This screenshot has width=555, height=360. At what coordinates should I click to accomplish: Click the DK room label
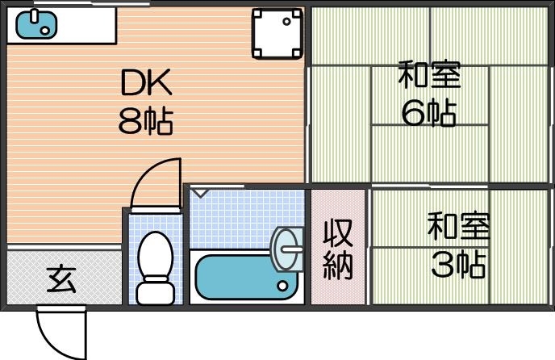click(147, 82)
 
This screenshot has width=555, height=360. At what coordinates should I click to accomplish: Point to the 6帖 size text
click(428, 113)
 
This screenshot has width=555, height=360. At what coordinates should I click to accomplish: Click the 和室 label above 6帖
click(428, 76)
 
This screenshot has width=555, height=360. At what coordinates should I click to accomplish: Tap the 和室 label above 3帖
click(458, 226)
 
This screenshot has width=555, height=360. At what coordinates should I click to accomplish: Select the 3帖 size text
click(458, 264)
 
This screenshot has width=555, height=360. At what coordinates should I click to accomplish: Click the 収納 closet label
click(338, 249)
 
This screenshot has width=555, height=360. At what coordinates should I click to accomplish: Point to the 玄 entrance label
click(61, 279)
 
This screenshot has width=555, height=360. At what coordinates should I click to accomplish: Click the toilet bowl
click(154, 255)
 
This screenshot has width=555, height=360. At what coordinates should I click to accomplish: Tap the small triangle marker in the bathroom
click(200, 194)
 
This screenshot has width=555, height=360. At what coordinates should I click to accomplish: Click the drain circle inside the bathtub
click(282, 285)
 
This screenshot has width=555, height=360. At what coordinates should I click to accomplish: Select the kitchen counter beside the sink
click(88, 24)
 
